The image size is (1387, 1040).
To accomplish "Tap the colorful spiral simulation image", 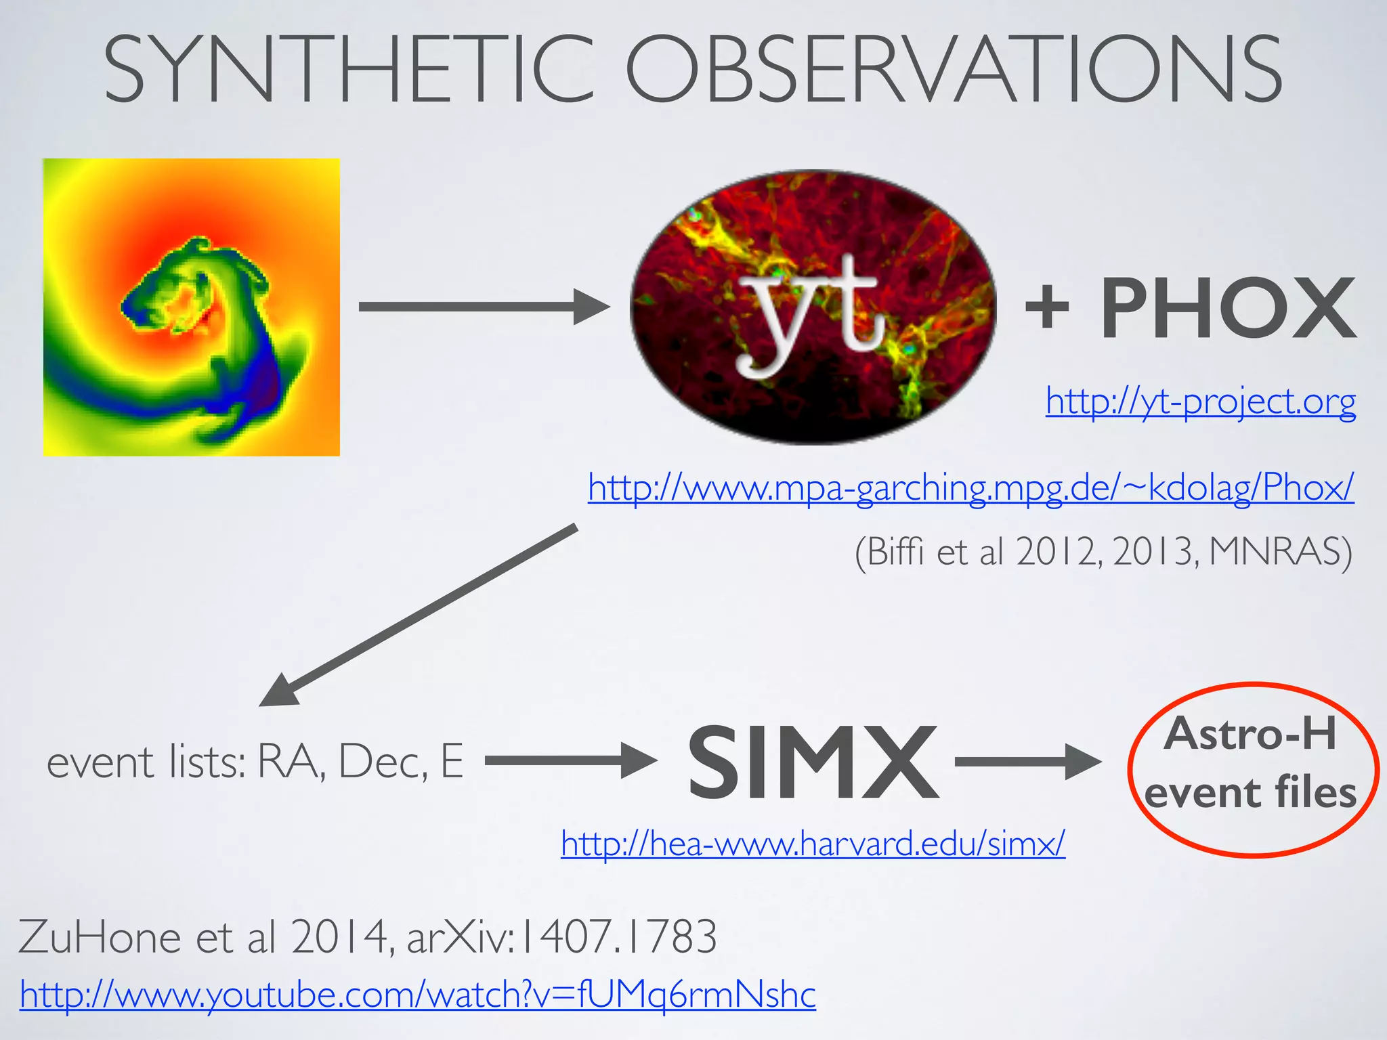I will pyautogui.click(x=192, y=307).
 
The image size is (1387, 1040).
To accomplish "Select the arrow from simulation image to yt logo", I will pyautogui.click(x=484, y=307).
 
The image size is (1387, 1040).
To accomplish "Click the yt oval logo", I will pyautogui.click(x=813, y=307).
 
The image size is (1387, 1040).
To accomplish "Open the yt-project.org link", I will pyautogui.click(x=1200, y=402).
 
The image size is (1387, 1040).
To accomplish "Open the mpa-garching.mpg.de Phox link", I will pyautogui.click(x=970, y=487).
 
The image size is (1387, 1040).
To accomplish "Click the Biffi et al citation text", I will pyautogui.click(x=1103, y=552).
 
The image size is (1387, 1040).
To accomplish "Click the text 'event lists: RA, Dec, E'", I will pyautogui.click(x=255, y=762).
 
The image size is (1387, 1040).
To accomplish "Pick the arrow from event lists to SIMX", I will pyautogui.click(x=570, y=761).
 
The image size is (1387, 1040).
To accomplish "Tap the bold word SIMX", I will pyautogui.click(x=813, y=762).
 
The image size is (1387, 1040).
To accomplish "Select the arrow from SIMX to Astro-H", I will pyautogui.click(x=1027, y=762).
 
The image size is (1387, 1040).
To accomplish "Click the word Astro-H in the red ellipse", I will pyautogui.click(x=1250, y=733).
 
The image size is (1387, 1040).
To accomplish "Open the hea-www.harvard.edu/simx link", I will pyautogui.click(x=813, y=844).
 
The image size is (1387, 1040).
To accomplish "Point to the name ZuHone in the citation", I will pyautogui.click(x=100, y=937).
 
